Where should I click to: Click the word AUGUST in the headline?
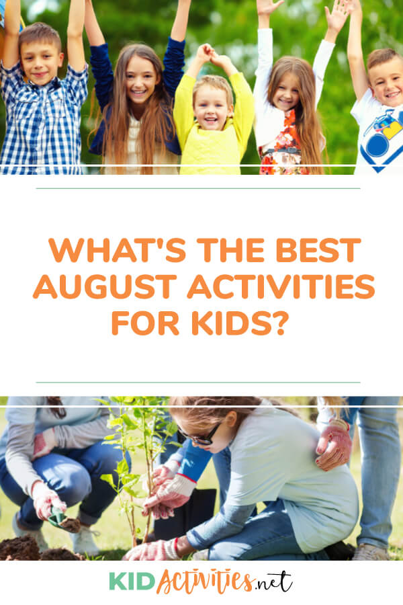pyautogui.click(x=105, y=286)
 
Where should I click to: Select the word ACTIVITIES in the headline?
pyautogui.click(x=281, y=286)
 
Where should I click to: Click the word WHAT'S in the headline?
pyautogui.click(x=118, y=250)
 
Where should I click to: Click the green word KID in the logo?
pyautogui.click(x=132, y=581)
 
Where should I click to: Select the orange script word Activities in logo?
pyautogui.click(x=205, y=581)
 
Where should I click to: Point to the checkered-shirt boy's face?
pyautogui.click(x=41, y=62)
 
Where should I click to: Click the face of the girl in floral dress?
pyautogui.click(x=285, y=89)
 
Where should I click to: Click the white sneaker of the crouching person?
pyautogui.click(x=85, y=540)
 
